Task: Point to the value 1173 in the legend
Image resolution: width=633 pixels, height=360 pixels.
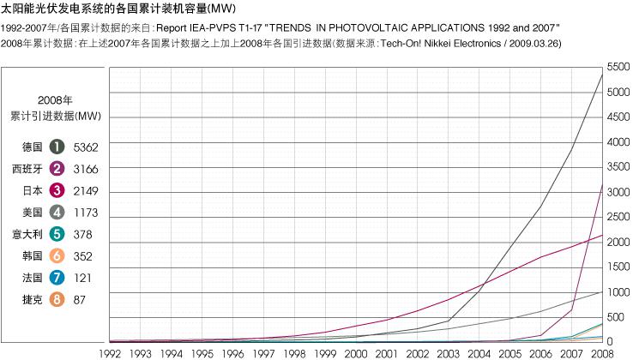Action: [87, 212]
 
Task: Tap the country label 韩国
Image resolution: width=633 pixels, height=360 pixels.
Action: [33, 255]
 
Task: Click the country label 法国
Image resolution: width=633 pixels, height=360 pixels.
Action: [33, 278]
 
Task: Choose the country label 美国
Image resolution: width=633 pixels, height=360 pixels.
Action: [33, 212]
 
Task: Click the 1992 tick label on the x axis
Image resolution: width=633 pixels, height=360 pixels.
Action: [111, 352]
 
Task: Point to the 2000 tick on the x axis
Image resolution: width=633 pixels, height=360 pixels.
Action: [355, 352]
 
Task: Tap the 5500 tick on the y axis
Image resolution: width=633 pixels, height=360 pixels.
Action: [618, 67]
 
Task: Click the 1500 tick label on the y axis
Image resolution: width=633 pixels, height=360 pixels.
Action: [618, 267]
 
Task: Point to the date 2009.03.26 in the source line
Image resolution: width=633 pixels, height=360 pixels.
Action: [535, 43]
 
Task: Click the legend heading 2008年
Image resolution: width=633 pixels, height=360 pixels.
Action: [56, 99]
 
